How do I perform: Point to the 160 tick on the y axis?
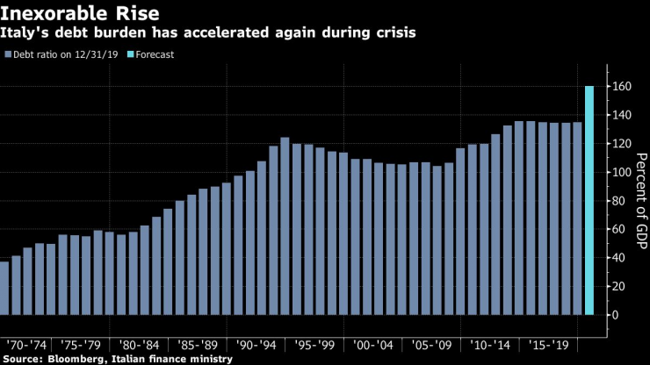coord(621,87)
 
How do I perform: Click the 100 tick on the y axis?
coord(621,172)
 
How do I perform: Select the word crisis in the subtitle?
coord(393,32)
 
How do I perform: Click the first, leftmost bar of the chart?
coord(4,288)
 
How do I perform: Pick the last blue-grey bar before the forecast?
coord(577,218)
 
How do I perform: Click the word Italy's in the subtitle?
coord(26,32)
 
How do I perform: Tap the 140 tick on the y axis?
coord(621,115)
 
